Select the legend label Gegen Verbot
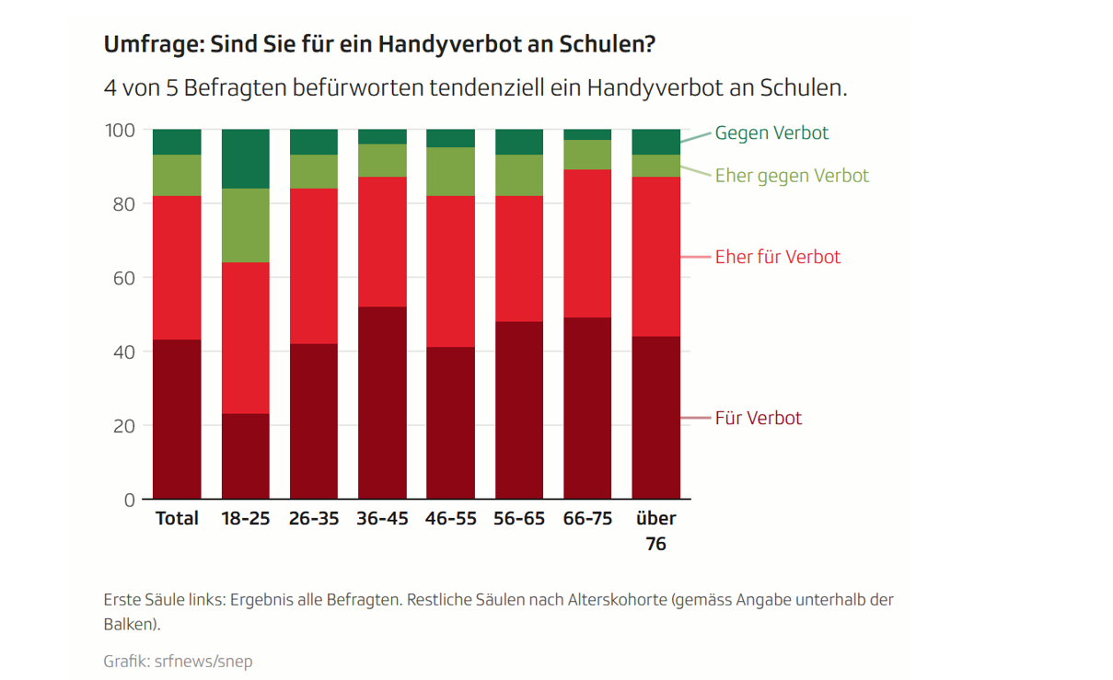pyautogui.click(x=771, y=133)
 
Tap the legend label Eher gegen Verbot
pyautogui.click(x=792, y=175)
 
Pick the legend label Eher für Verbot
pyautogui.click(x=778, y=257)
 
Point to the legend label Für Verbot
pyautogui.click(x=759, y=418)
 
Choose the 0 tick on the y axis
pyautogui.click(x=130, y=500)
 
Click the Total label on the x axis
pyautogui.click(x=177, y=518)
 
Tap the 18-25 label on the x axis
pyautogui.click(x=246, y=518)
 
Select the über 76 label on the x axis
pyautogui.click(x=655, y=530)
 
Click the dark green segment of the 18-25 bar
pyautogui.click(x=246, y=158)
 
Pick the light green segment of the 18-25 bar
pyautogui.click(x=246, y=225)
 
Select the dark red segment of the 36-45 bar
pyautogui.click(x=382, y=403)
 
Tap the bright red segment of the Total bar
pyautogui.click(x=177, y=268)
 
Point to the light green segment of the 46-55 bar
pyautogui.click(x=450, y=171)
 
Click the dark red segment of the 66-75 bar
pyautogui.click(x=587, y=409)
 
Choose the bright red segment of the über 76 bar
pyautogui.click(x=655, y=257)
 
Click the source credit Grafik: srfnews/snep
pyautogui.click(x=178, y=661)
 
